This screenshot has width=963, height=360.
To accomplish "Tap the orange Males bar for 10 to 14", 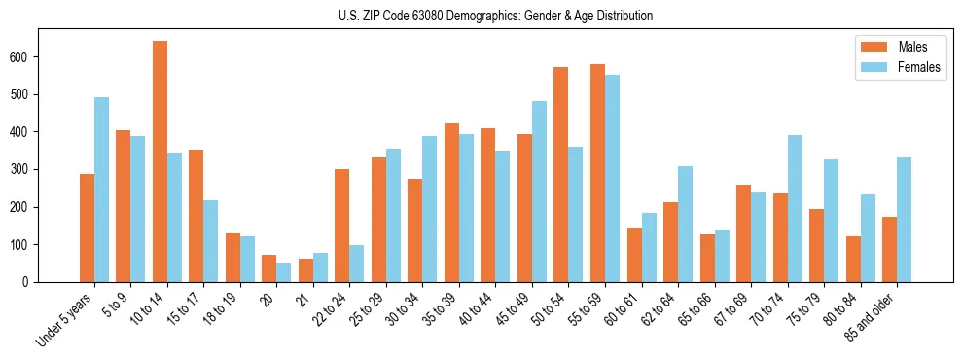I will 160,162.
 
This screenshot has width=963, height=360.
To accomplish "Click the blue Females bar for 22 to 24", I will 357,264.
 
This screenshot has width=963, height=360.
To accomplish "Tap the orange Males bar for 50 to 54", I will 560,175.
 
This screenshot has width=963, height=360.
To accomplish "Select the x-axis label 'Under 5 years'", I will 65,319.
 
